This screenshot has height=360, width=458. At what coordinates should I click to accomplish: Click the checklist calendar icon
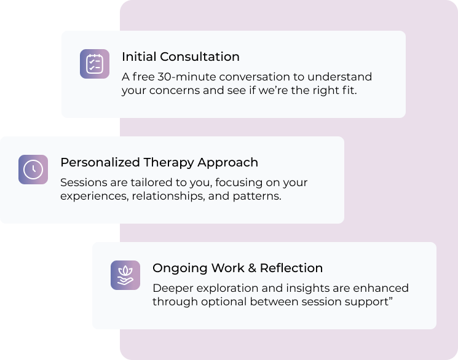tap(95, 64)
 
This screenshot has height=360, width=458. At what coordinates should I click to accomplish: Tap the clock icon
tap(33, 170)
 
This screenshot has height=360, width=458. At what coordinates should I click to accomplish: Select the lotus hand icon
tap(125, 275)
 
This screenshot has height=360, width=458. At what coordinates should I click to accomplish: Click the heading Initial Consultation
tap(181, 57)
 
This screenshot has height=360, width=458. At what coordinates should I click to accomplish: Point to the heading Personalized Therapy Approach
tap(159, 163)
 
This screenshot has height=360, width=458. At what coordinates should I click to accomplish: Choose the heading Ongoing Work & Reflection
tap(237, 268)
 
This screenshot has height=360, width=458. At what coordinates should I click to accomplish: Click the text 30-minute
tap(187, 77)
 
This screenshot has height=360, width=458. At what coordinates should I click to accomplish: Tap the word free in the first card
tap(143, 77)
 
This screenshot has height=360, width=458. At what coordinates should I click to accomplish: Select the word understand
tap(340, 77)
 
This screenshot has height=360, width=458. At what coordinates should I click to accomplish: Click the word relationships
tap(168, 196)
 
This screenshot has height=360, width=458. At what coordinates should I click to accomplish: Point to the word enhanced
tap(381, 288)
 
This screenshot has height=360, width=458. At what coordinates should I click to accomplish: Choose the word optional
tap(224, 302)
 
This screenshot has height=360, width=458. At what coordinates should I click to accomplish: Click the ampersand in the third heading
tap(252, 268)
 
